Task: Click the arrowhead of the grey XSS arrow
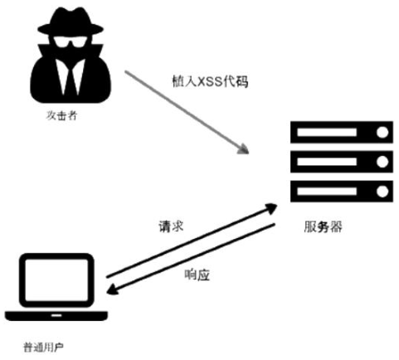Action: point(242,149)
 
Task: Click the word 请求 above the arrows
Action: point(170,226)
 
